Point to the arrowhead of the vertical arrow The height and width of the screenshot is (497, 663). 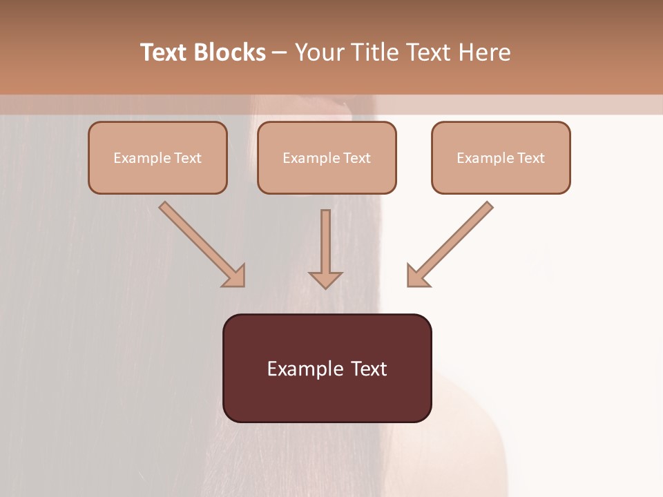click(x=325, y=280)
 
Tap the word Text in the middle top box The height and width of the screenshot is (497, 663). click(x=357, y=158)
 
